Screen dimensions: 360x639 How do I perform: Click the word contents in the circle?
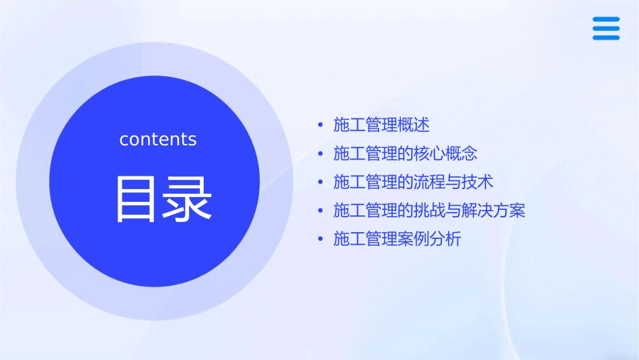[x=158, y=139]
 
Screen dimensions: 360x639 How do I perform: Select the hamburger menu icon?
[x=606, y=28]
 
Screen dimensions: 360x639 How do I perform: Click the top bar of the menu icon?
[x=606, y=20]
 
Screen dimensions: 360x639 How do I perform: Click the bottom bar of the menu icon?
[x=606, y=37]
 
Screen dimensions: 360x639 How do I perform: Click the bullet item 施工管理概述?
[x=381, y=125]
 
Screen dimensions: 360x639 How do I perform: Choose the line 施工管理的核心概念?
[x=405, y=153]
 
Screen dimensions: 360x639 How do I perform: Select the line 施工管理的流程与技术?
[x=414, y=182]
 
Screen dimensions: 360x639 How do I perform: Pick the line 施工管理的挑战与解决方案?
[x=429, y=211]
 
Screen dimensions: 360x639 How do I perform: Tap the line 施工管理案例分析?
[x=397, y=239]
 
